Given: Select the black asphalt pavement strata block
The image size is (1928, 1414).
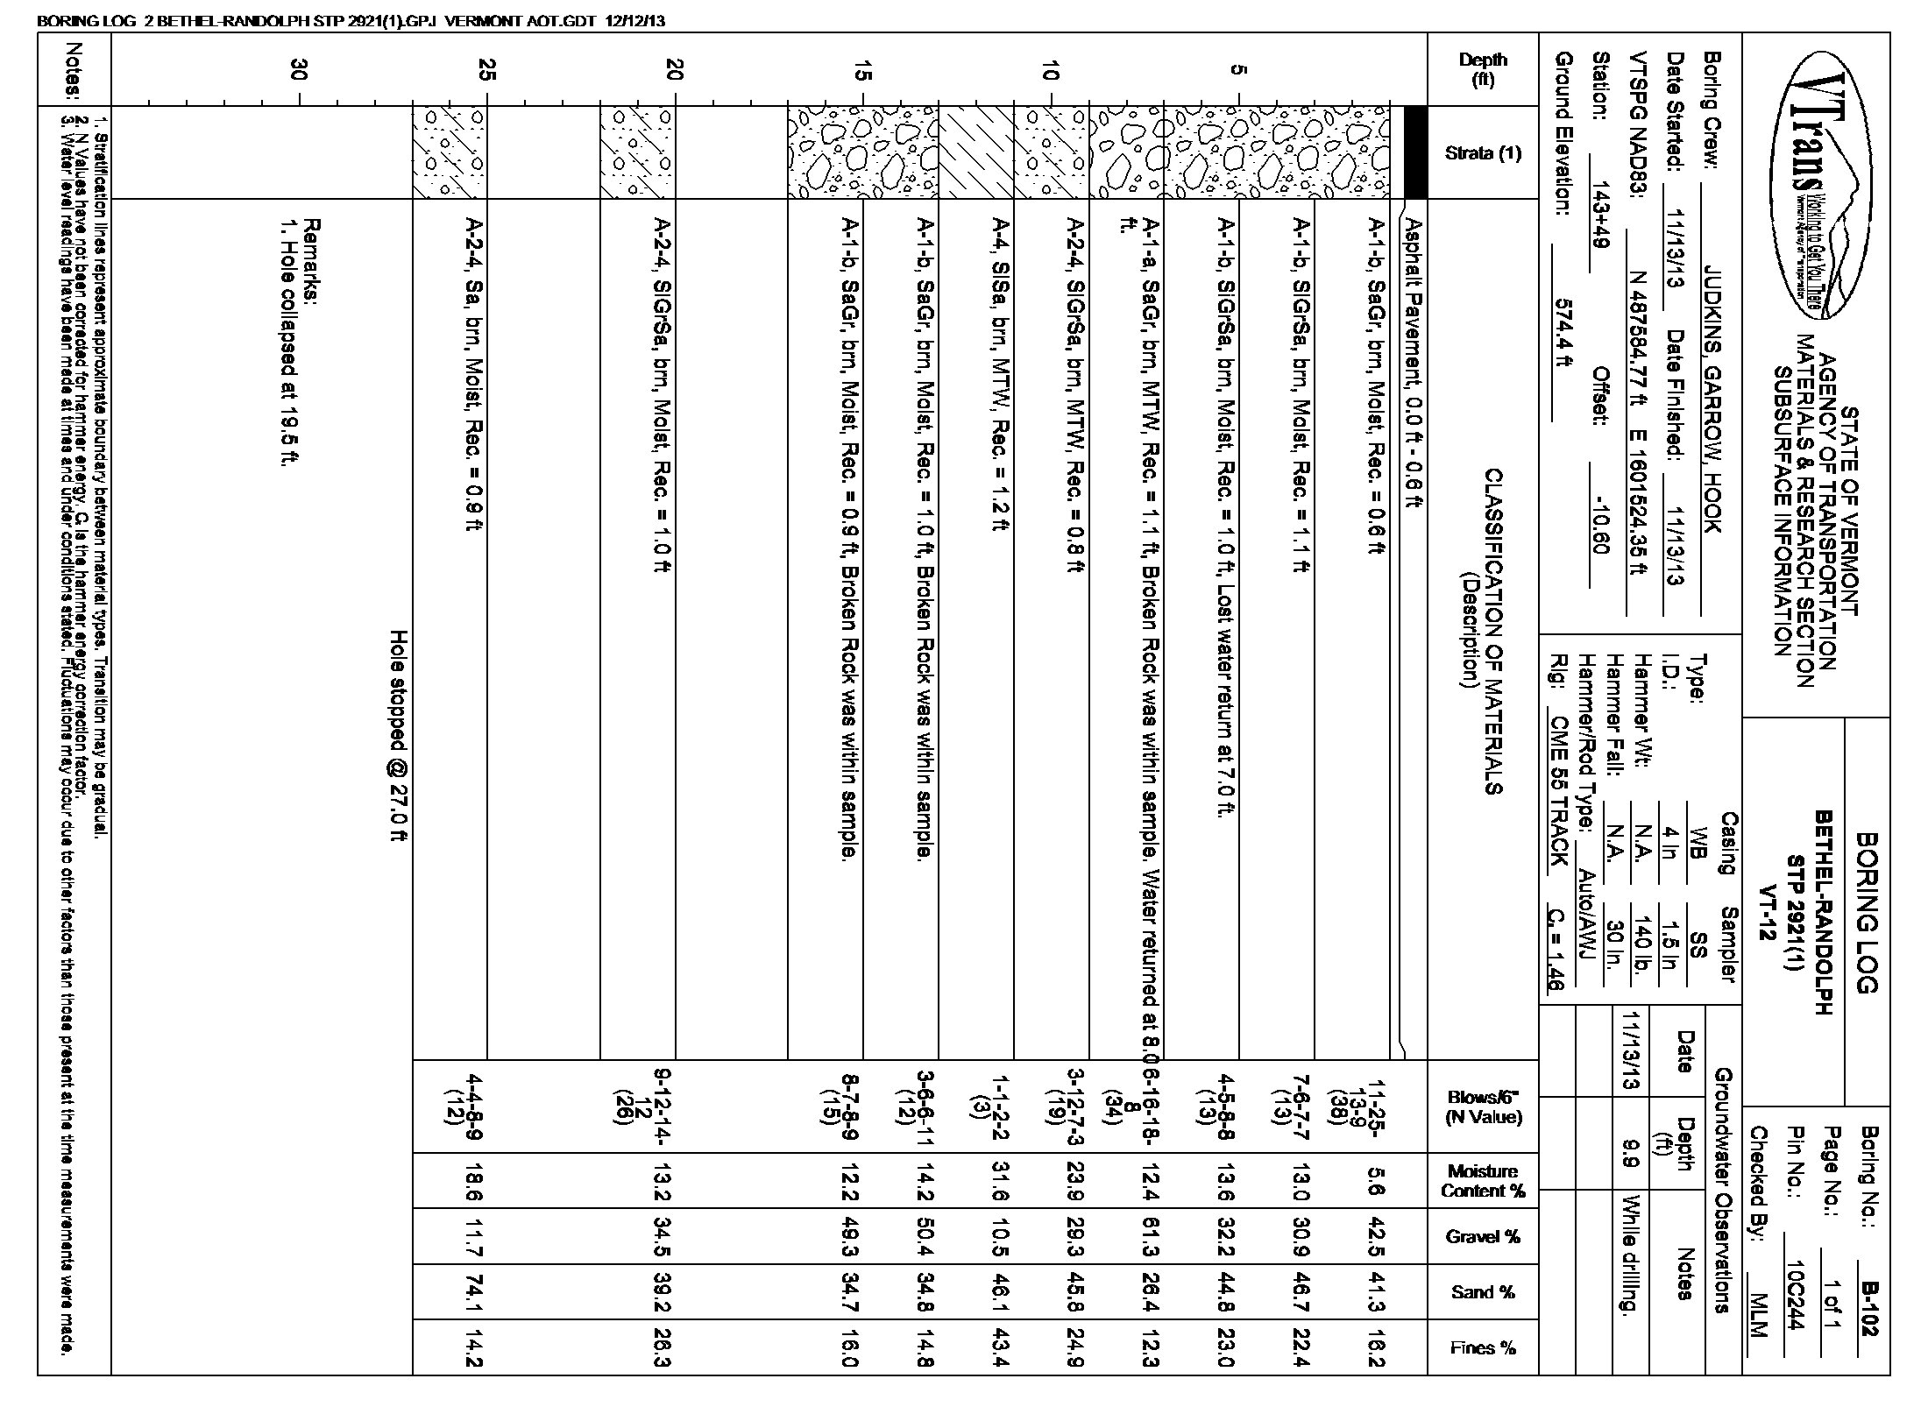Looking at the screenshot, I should (1415, 152).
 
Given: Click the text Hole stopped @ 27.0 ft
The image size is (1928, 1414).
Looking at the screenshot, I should (400, 736).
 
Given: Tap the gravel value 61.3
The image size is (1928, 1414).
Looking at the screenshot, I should (1150, 1237).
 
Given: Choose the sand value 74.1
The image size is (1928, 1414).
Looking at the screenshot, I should (474, 1292).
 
